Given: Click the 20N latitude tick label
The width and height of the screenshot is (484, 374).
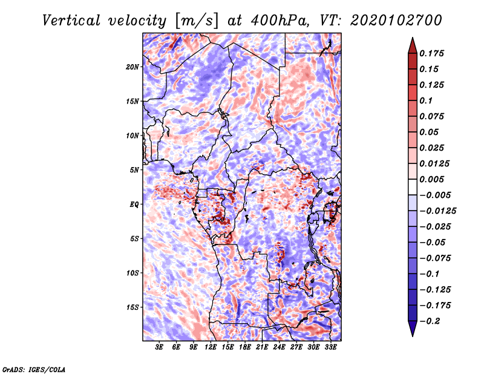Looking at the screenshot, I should tap(132, 67).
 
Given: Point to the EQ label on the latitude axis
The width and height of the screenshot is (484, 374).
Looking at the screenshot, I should tap(134, 204).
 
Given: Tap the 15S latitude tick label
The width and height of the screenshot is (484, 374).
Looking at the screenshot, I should tap(132, 307).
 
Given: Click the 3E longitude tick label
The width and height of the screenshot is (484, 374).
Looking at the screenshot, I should tap(160, 347).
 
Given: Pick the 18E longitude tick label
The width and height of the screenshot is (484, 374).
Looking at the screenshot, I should tap(245, 347).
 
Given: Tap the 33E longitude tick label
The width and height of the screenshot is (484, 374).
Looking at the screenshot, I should tap(330, 347).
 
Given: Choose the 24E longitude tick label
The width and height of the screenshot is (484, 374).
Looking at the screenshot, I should tap(279, 347).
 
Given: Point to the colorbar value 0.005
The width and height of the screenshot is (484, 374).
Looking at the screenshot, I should tap(433, 179).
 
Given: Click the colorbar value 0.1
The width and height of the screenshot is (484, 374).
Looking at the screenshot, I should tap(427, 100).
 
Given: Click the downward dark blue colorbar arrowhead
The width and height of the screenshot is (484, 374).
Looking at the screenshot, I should tap(411, 330).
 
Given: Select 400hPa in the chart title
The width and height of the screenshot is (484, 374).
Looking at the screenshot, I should tap(279, 20).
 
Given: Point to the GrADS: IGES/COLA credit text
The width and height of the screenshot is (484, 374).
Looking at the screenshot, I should tap(34, 369).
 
